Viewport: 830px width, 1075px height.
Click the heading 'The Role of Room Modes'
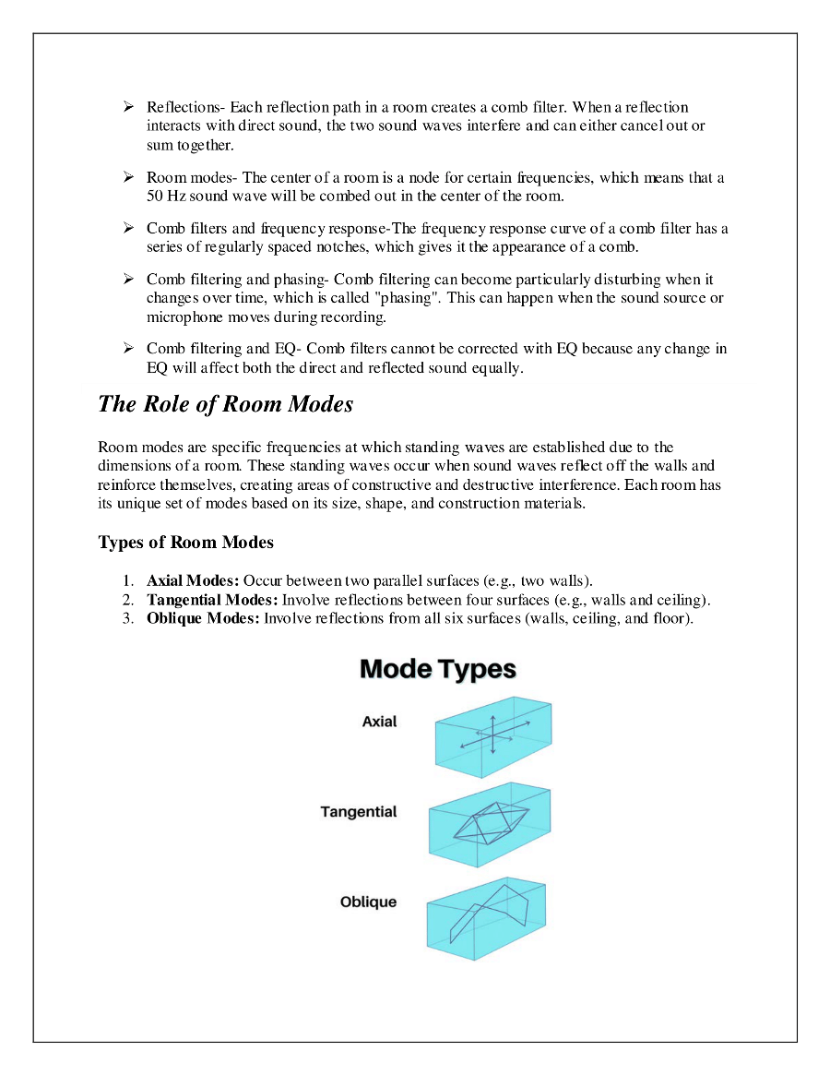pyautogui.click(x=225, y=404)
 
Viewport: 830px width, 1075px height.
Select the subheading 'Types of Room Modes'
pyautogui.click(x=185, y=543)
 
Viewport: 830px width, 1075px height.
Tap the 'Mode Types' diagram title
pyautogui.click(x=437, y=669)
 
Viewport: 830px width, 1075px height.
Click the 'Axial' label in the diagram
pyautogui.click(x=379, y=722)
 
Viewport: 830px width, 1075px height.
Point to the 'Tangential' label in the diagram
pyautogui.click(x=359, y=812)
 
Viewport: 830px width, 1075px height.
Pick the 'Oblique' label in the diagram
pyautogui.click(x=368, y=902)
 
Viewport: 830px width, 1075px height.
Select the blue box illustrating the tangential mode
pyautogui.click(x=490, y=823)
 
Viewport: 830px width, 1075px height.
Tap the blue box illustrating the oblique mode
pyautogui.click(x=486, y=917)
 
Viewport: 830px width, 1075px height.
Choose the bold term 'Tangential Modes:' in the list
pyautogui.click(x=212, y=600)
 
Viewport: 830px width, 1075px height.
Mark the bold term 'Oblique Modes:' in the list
pyautogui.click(x=203, y=618)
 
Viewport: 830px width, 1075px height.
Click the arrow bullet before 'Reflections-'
pyautogui.click(x=129, y=107)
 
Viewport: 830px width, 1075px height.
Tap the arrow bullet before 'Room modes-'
pyautogui.click(x=129, y=177)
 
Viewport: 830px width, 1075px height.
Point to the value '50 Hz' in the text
pyautogui.click(x=166, y=197)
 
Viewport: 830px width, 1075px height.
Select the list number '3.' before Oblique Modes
pyautogui.click(x=128, y=618)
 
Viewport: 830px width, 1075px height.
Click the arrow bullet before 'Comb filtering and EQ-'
pyautogui.click(x=129, y=349)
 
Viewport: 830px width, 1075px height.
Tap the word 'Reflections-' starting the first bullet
pyautogui.click(x=185, y=108)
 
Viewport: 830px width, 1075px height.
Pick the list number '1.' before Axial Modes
pyautogui.click(x=128, y=581)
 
